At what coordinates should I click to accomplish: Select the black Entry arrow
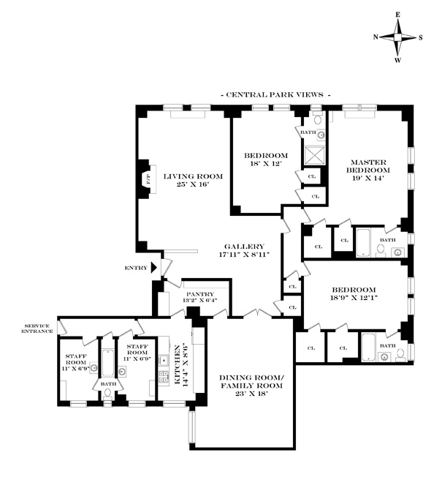tap(153, 268)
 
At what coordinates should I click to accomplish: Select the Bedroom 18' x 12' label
tap(265, 160)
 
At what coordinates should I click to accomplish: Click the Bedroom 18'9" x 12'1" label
tap(353, 294)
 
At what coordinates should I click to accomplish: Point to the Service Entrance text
tap(39, 329)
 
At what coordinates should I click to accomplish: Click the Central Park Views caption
tap(276, 95)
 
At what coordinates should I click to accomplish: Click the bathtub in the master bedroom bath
tap(363, 241)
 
